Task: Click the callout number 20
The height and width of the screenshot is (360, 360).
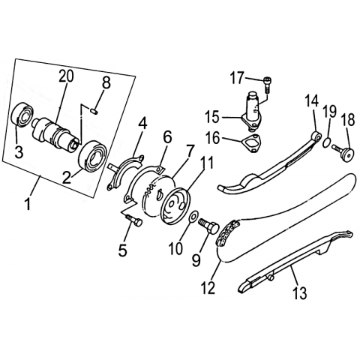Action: click(x=66, y=76)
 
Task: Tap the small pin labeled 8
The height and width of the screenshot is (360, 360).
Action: click(x=94, y=111)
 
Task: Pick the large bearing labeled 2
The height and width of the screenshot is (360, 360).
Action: click(x=92, y=156)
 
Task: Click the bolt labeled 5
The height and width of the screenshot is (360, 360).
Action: click(x=135, y=220)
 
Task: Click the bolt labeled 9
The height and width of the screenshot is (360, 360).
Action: click(x=209, y=225)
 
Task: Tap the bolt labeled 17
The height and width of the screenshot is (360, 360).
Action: click(x=268, y=85)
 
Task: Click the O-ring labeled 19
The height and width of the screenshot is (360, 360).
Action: click(x=327, y=142)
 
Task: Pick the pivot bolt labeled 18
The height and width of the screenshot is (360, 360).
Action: click(x=343, y=154)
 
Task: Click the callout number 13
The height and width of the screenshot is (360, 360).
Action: click(x=299, y=292)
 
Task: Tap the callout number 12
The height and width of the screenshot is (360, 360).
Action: click(x=208, y=288)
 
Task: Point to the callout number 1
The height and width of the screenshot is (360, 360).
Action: click(x=28, y=204)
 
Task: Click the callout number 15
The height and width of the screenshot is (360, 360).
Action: click(x=212, y=117)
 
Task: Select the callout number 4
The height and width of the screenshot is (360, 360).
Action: click(x=143, y=124)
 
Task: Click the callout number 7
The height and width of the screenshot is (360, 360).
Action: click(x=189, y=151)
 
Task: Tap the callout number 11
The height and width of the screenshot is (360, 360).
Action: click(x=208, y=162)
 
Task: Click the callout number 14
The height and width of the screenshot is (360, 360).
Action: click(x=312, y=101)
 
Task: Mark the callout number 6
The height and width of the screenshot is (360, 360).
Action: click(x=168, y=137)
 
